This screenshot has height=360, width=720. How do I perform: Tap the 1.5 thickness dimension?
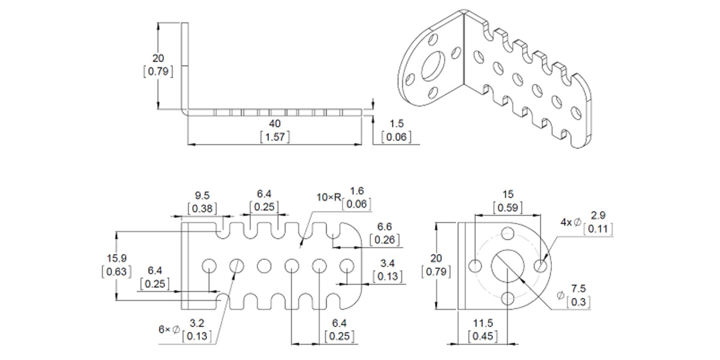[397, 124]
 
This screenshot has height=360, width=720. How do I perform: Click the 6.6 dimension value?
[384, 227]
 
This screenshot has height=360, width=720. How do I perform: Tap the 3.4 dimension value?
[387, 263]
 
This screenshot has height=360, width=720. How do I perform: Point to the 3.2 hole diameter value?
[196, 323]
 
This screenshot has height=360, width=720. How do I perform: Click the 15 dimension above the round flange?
[508, 195]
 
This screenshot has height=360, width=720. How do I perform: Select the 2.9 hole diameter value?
[598, 215]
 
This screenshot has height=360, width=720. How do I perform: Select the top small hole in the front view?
[508, 233]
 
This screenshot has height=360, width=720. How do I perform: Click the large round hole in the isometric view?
[433, 67]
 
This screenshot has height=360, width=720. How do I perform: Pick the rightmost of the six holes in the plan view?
[346, 265]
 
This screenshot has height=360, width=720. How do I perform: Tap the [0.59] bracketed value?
[508, 208]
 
